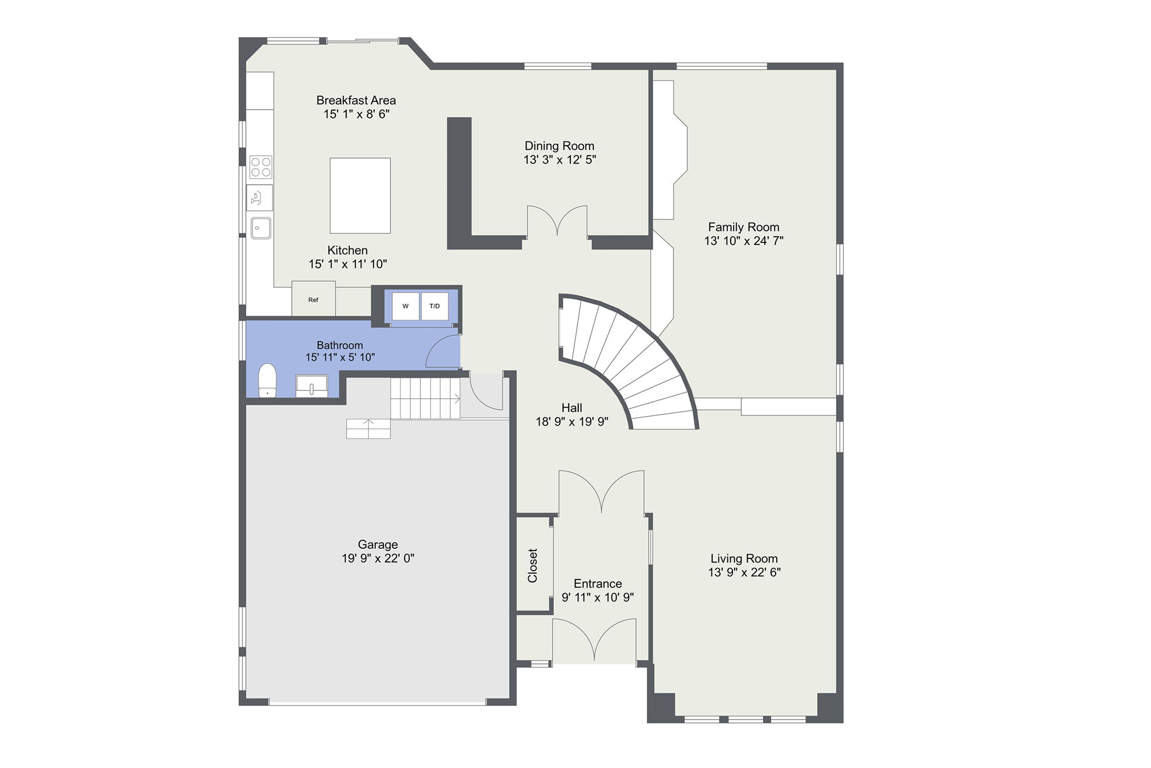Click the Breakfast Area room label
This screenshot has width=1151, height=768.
tap(356, 100)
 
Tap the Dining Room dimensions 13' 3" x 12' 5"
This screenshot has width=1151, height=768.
tap(559, 160)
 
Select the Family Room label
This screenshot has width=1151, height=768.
tap(743, 227)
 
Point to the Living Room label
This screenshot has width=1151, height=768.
tap(744, 558)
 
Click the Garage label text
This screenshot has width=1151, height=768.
tap(378, 544)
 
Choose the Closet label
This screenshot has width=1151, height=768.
tap(533, 565)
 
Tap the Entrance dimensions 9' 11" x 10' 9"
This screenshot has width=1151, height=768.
tap(597, 597)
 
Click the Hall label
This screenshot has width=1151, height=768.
tap(572, 408)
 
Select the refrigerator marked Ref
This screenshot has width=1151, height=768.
tap(313, 299)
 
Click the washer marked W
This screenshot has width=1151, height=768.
tap(405, 306)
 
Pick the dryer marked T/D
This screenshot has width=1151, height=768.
tap(434, 306)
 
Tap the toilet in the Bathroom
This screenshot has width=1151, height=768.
tap(268, 380)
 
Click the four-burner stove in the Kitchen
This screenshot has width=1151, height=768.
tap(261, 167)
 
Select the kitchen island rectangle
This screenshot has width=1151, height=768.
tap(360, 195)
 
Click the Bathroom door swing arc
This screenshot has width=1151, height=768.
tap(443, 351)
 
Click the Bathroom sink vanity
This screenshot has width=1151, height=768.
tap(311, 386)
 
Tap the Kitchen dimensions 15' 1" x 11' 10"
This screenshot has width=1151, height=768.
tap(347, 264)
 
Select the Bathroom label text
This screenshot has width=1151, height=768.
tap(339, 345)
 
